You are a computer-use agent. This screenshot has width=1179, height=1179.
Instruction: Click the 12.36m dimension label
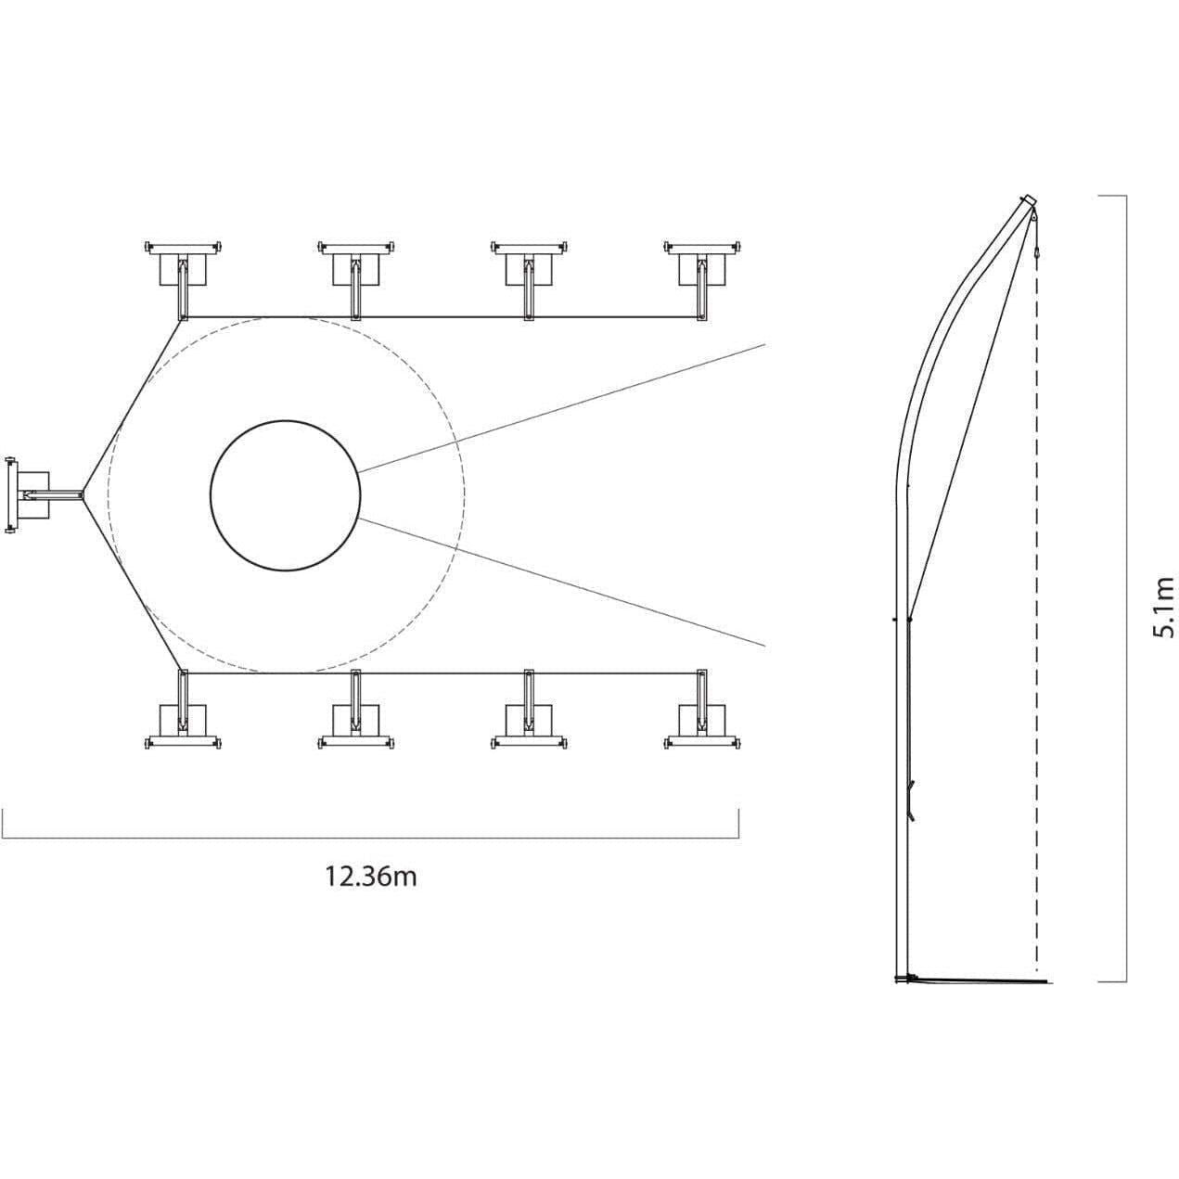[371, 878]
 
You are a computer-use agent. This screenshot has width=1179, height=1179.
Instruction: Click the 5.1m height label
[1163, 607]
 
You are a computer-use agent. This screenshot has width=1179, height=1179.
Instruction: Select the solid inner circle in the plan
[285, 495]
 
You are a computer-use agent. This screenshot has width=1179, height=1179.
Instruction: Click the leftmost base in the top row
[183, 279]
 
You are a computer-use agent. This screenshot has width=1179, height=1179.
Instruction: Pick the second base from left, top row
[356, 279]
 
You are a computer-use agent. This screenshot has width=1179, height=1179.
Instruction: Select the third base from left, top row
[530, 279]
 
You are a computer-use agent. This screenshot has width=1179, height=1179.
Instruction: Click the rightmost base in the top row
[702, 279]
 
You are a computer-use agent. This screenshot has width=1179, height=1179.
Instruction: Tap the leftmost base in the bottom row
[183, 710]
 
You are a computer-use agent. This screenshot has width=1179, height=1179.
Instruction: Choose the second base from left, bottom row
[356, 710]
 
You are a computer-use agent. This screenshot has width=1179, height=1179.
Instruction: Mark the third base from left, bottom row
[530, 710]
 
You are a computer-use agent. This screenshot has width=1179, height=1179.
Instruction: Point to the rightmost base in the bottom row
[702, 710]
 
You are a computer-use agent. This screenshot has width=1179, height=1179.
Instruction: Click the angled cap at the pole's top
[1028, 201]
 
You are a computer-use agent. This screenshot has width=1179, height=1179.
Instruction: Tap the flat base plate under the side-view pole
[973, 998]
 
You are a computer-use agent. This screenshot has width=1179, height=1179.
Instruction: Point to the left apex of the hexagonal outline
[84, 495]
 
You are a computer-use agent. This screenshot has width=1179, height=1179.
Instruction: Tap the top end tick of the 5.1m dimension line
[1112, 196]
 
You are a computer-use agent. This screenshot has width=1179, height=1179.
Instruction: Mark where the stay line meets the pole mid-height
[910, 620]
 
